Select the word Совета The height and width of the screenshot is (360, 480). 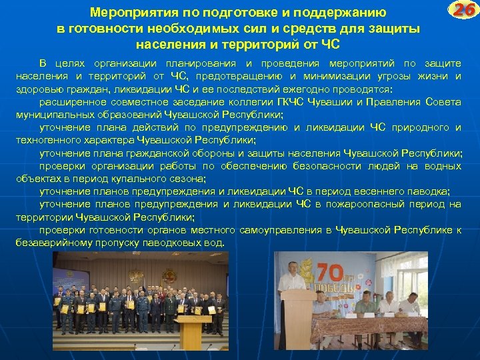click(444, 102)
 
